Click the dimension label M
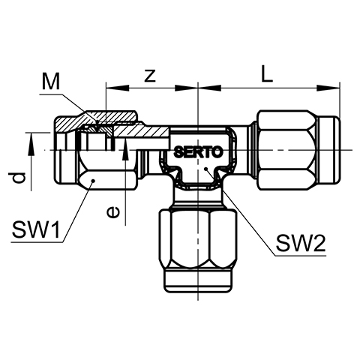(51, 82)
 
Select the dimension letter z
(150, 76)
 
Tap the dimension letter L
(267, 73)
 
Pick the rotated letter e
(113, 212)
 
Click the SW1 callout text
(36, 229)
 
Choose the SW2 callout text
(301, 243)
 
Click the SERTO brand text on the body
(198, 151)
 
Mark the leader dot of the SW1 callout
(93, 180)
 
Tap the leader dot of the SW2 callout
(205, 169)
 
